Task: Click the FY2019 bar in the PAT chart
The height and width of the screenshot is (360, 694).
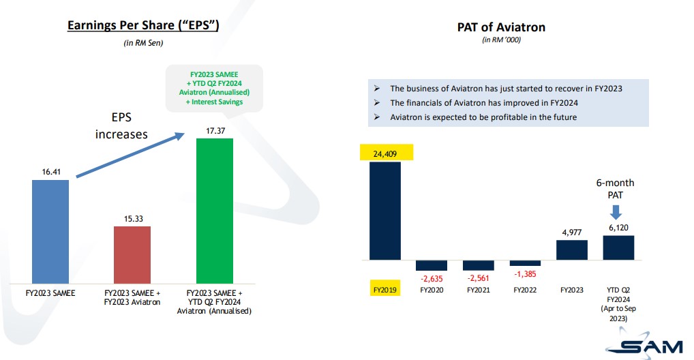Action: [x=385, y=211]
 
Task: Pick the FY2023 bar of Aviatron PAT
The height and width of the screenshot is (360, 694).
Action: [x=571, y=250]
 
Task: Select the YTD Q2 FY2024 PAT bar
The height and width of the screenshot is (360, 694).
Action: [x=618, y=247]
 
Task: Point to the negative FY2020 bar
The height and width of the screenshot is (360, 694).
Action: [x=432, y=265]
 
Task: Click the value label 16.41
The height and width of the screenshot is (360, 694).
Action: [x=50, y=172]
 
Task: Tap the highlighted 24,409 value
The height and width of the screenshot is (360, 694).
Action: [x=385, y=153]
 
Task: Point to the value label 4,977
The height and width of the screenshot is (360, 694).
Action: [x=571, y=232]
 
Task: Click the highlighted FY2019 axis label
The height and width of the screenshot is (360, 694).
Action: [x=385, y=290]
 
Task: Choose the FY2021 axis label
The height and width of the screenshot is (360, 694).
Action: [x=478, y=290]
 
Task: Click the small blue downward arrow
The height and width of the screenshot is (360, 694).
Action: [x=618, y=213]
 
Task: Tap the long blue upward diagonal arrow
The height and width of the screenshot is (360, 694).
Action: [x=130, y=155]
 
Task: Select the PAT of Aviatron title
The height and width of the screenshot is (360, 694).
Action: [x=501, y=27]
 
